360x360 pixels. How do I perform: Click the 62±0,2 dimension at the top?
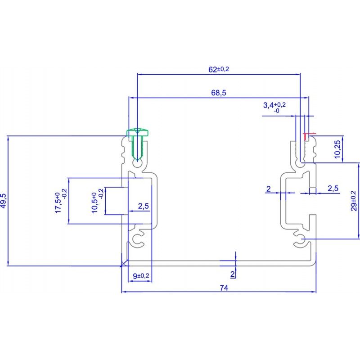pos(219,69)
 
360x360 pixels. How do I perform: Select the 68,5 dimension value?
pos(219,93)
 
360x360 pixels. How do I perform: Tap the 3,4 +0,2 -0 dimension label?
pos(274,108)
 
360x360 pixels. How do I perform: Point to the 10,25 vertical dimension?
pos(337,149)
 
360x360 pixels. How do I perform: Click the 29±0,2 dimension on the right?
pos(354,201)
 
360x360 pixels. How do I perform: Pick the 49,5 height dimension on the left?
pos(4,201)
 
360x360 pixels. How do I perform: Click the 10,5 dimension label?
pos(97,201)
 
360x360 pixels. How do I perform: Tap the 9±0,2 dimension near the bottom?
pos(141,276)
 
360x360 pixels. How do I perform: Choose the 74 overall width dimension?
pos(224,288)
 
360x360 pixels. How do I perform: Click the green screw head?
pos(137,132)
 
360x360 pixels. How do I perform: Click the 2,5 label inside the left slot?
pos(143,206)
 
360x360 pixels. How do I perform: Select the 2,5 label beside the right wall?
pos(333,188)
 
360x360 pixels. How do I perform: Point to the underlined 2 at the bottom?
pos(233,274)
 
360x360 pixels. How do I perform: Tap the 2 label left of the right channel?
pos(268,189)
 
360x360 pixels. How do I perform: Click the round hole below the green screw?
pos(138,164)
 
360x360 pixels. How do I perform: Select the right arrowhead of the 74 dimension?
pos(314,292)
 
